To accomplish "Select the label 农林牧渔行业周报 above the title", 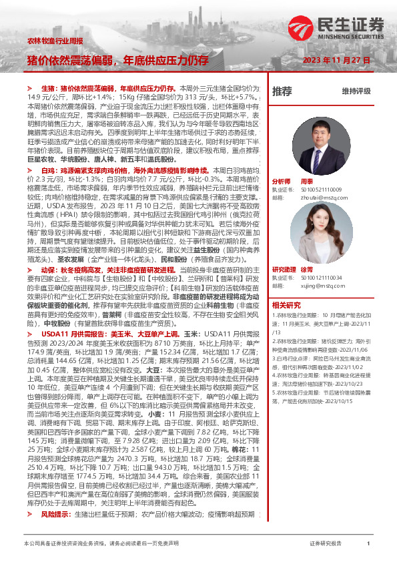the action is click(55, 41).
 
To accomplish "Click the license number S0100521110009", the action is click(316, 190).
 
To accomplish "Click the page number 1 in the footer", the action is click(368, 545).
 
